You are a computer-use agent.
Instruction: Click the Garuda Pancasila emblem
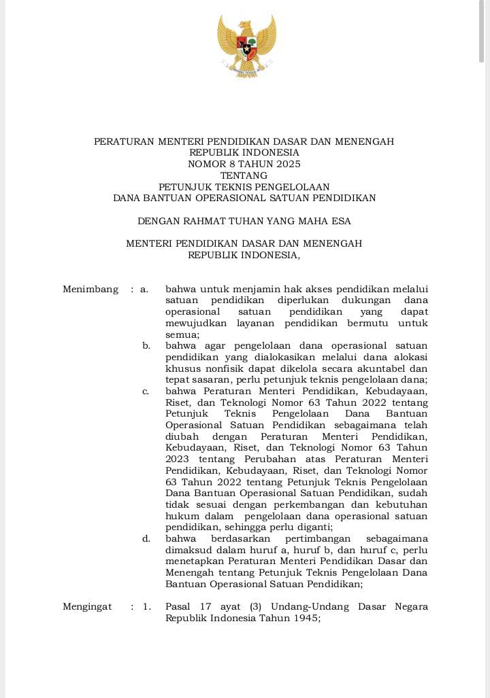246,46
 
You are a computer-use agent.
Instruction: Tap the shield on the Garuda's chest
246,47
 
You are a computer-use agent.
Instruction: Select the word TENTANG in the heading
244,175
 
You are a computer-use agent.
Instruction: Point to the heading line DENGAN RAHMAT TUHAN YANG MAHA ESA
244,221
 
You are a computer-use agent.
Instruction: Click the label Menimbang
91,289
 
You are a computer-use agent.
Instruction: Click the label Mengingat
87,606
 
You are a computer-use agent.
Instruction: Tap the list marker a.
144,289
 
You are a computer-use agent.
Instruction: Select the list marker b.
146,346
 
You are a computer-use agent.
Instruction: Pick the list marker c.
146,391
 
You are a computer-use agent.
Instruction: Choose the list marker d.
146,538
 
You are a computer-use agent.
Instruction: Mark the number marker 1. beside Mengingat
147,606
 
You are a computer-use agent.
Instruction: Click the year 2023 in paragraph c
177,459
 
